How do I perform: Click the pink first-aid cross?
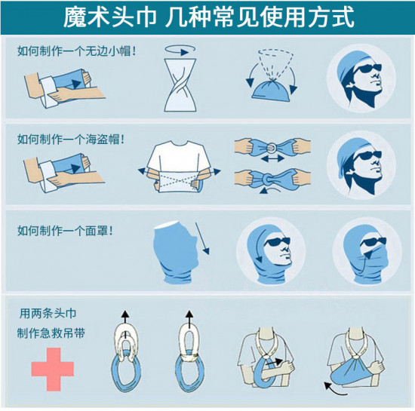[x=52, y=369]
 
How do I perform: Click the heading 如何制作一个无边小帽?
[x=77, y=51]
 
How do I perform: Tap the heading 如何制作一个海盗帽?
[x=71, y=139]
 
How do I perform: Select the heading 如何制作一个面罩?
[x=65, y=231]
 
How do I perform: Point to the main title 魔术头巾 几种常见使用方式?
[x=208, y=17]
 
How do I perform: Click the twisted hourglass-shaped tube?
[x=180, y=84]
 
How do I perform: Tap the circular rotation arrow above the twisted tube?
[x=180, y=50]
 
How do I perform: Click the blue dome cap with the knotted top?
[x=271, y=90]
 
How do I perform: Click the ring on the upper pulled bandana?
[x=272, y=148]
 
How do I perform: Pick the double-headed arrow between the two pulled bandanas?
[x=272, y=158]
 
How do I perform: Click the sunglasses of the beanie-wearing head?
[x=367, y=69]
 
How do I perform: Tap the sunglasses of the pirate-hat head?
[x=368, y=156]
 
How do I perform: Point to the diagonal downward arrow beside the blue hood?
[x=202, y=238]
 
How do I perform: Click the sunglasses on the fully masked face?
[x=373, y=243]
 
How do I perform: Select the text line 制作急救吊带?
[x=51, y=333]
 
